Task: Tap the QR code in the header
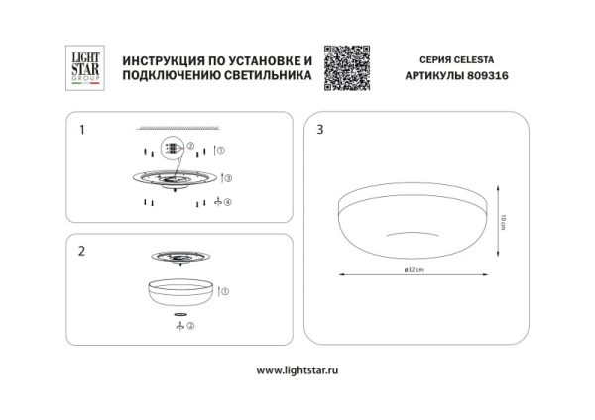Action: click(x=346, y=67)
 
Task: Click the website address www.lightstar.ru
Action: click(x=297, y=370)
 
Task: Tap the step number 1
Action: click(x=83, y=129)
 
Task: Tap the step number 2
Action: click(x=83, y=251)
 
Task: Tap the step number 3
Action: click(x=319, y=129)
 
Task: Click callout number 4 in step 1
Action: click(x=227, y=203)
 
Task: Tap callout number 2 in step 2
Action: click(x=190, y=325)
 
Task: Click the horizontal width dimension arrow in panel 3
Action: click(x=416, y=276)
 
